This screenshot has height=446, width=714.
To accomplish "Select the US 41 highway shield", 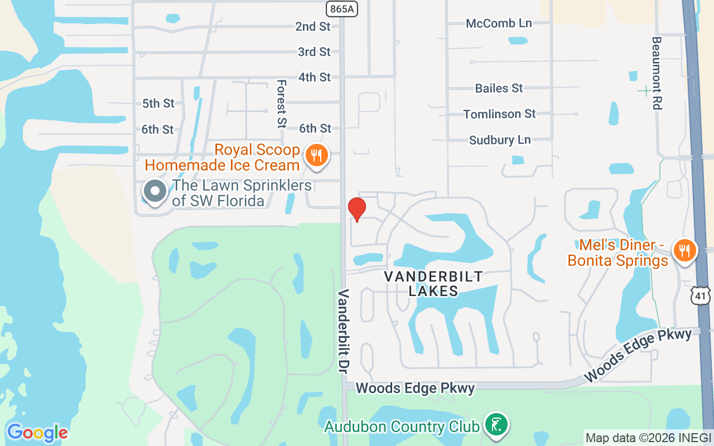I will [701, 295].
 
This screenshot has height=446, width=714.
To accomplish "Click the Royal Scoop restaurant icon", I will [317, 156].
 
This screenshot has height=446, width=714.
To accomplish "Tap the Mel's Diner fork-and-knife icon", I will [684, 250].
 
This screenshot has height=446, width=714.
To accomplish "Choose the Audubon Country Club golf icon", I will [495, 426].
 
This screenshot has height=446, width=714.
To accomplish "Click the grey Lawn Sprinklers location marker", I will [155, 192].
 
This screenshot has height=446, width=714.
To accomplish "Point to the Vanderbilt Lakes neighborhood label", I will [433, 283].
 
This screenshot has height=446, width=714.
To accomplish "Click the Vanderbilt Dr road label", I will [342, 331].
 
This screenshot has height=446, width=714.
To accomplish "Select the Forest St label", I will [281, 104].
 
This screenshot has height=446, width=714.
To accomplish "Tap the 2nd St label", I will [313, 26].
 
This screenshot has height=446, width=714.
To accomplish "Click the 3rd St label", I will [314, 52].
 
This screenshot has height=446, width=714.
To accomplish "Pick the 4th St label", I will [315, 77].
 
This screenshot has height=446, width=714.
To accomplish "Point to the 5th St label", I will [158, 103].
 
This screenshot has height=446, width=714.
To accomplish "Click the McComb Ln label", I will [499, 23].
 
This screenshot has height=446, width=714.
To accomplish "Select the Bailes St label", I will [499, 88].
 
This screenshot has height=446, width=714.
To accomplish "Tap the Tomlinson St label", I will [499, 114].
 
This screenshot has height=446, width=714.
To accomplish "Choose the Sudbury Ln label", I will [500, 140].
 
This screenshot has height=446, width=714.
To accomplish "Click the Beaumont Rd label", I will [657, 73].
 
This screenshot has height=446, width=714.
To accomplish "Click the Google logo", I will [37, 433].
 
